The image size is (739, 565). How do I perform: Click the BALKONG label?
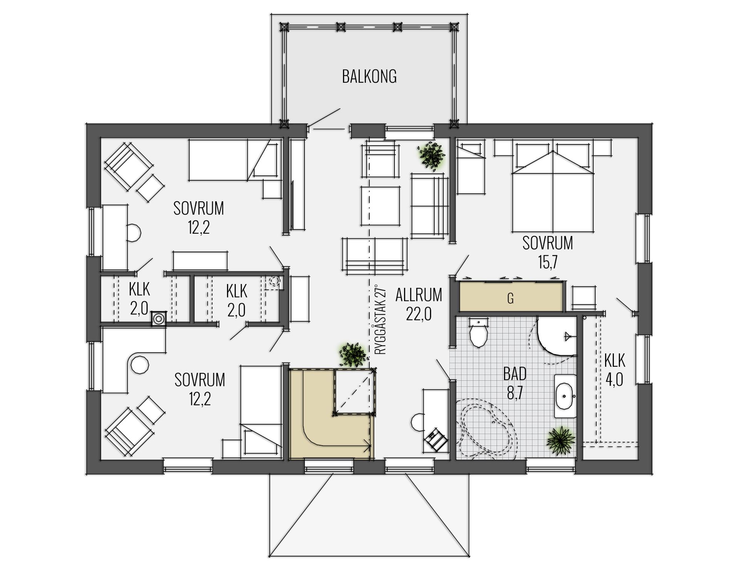(369, 76)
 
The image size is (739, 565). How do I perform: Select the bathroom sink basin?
(565, 396)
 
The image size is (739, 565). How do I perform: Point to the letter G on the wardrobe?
(510, 298)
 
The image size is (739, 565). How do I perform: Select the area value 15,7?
(548, 262)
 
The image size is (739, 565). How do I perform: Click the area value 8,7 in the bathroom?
(515, 393)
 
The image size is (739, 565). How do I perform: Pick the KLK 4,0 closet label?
(614, 370)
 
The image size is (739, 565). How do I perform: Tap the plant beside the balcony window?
(433, 156)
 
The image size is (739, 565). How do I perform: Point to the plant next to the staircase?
(354, 354)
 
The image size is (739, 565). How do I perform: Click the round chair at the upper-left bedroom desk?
(134, 233)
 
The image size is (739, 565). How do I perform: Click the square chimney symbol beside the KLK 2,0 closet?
(158, 318)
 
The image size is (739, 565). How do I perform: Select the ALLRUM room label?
(418, 295)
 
